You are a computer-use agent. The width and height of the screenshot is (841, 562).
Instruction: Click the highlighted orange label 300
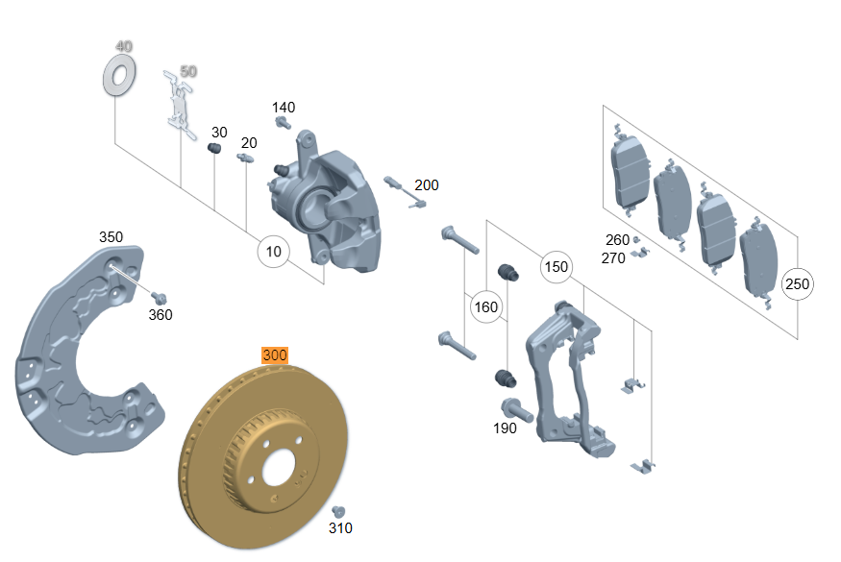pos(275,355)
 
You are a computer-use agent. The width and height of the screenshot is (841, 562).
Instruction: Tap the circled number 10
pos(274,253)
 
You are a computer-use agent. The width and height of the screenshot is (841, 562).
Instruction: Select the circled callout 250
pos(797,284)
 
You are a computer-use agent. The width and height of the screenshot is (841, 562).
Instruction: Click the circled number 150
pos(556,267)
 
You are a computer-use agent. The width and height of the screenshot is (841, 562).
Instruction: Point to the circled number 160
pos(486,307)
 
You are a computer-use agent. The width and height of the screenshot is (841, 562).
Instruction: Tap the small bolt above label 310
pos(337,511)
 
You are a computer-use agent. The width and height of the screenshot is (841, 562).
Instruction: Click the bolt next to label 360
pos(160,298)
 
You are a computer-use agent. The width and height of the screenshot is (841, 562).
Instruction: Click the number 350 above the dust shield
pos(111,237)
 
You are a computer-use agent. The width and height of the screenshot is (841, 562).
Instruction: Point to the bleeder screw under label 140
pos(284,123)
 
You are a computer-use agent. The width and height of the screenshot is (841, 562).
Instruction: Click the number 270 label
pos(613,257)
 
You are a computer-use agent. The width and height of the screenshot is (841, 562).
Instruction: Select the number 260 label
pos(617,240)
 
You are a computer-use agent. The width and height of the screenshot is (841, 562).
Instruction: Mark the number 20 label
pos(249,142)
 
